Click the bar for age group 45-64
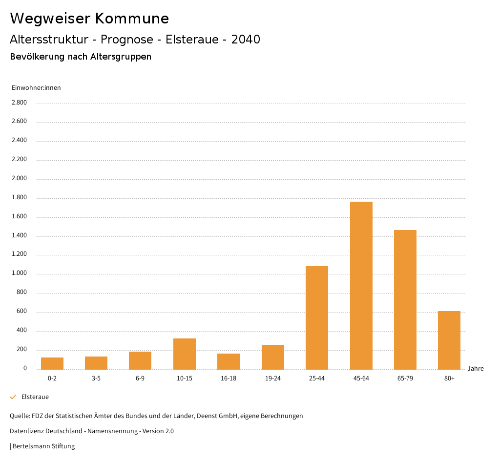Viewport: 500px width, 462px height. point(361,285)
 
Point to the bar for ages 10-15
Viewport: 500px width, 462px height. point(185,354)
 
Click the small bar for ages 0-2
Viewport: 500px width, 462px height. point(52,363)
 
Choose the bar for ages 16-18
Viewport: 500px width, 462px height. point(229,361)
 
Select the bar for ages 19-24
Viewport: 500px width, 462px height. point(272,357)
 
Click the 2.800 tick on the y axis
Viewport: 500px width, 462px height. point(19,103)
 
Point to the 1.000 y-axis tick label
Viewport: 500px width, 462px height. point(19,273)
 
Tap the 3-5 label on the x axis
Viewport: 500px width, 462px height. point(96,378)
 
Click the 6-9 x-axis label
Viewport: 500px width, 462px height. point(140,378)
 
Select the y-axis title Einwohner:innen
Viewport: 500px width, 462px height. point(36,88)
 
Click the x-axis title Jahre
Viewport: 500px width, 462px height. point(475,369)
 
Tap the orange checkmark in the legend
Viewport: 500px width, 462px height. point(13,397)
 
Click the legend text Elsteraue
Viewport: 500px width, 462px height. point(35,397)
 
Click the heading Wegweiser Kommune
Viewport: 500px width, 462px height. point(89,19)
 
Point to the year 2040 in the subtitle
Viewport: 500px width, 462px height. point(246,40)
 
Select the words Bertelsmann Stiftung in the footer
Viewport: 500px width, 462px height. point(43,446)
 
